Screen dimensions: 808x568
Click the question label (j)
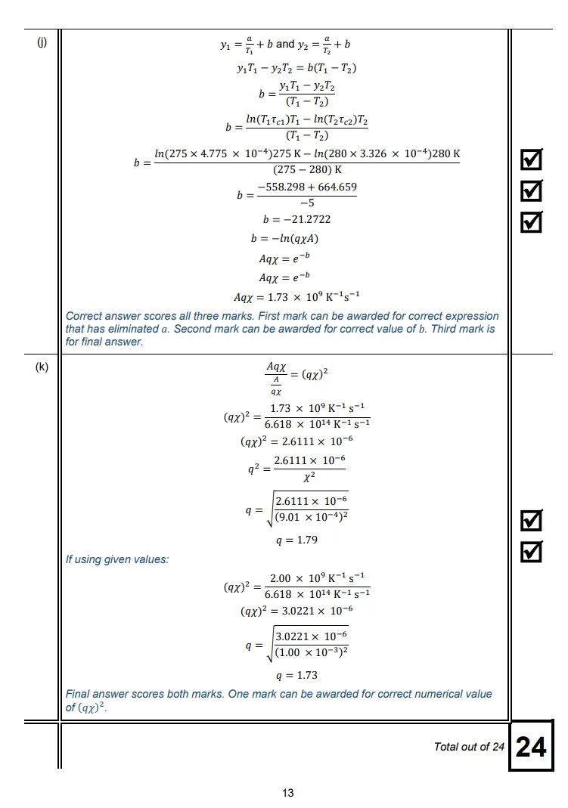click(x=42, y=42)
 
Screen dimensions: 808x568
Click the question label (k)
click(x=42, y=367)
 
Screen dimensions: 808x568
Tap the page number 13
click(x=287, y=792)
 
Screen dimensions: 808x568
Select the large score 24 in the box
click(x=530, y=747)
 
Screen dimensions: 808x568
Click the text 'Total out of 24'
click(x=469, y=747)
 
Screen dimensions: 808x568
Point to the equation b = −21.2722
click(x=296, y=219)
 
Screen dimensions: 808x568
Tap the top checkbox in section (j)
click(x=532, y=159)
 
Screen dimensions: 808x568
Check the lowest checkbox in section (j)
click(x=532, y=221)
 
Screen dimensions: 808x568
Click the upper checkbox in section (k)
click(x=532, y=520)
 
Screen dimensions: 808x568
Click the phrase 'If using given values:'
click(x=117, y=559)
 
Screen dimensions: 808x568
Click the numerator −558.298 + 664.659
click(x=307, y=187)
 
